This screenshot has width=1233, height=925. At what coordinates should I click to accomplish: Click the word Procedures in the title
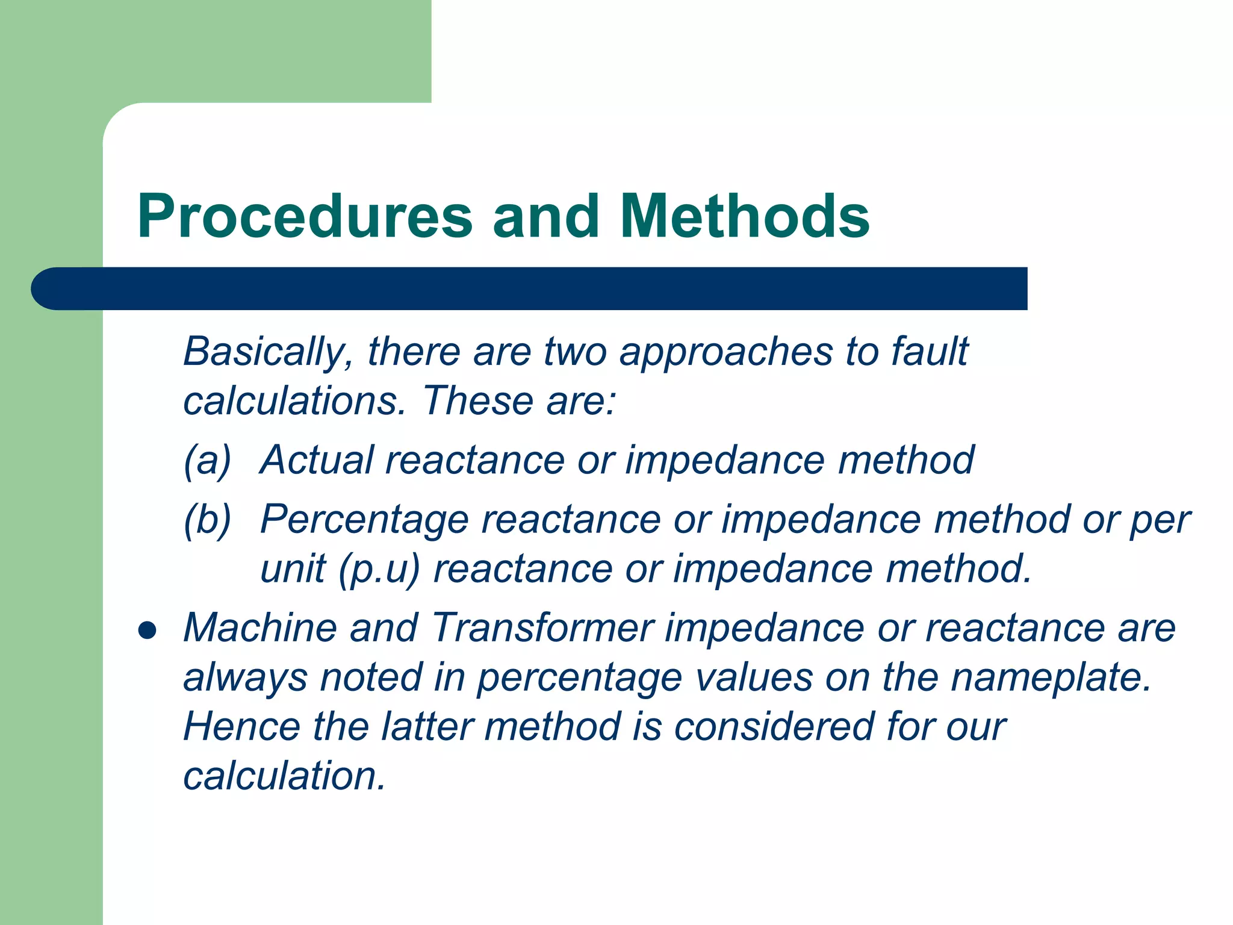305,217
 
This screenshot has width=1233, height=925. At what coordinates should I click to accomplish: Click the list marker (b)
207,520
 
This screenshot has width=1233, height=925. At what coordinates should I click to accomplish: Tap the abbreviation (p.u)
378,570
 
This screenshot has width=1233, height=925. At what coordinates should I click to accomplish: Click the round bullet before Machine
147,631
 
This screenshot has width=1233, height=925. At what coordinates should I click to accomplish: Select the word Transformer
542,628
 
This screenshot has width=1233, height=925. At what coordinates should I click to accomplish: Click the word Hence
241,726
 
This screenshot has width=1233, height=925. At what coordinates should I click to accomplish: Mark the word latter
427,726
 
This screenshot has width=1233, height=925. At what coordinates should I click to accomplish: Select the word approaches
726,352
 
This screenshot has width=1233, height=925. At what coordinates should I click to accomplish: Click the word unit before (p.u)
293,569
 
